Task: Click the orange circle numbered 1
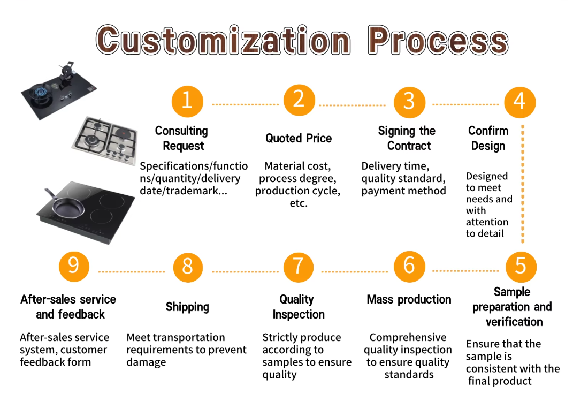[187, 101]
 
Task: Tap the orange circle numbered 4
[519, 102]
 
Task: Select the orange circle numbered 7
[298, 266]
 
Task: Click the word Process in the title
[438, 41]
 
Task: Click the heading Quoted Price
[299, 138]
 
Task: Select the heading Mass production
[409, 299]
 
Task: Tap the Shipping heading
[187, 307]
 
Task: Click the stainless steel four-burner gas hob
[104, 141]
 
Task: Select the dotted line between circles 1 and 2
[245, 104]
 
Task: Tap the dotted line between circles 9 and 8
[131, 271]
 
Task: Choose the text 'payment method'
[403, 191]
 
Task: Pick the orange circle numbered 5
[520, 266]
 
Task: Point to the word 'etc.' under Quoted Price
[299, 203]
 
